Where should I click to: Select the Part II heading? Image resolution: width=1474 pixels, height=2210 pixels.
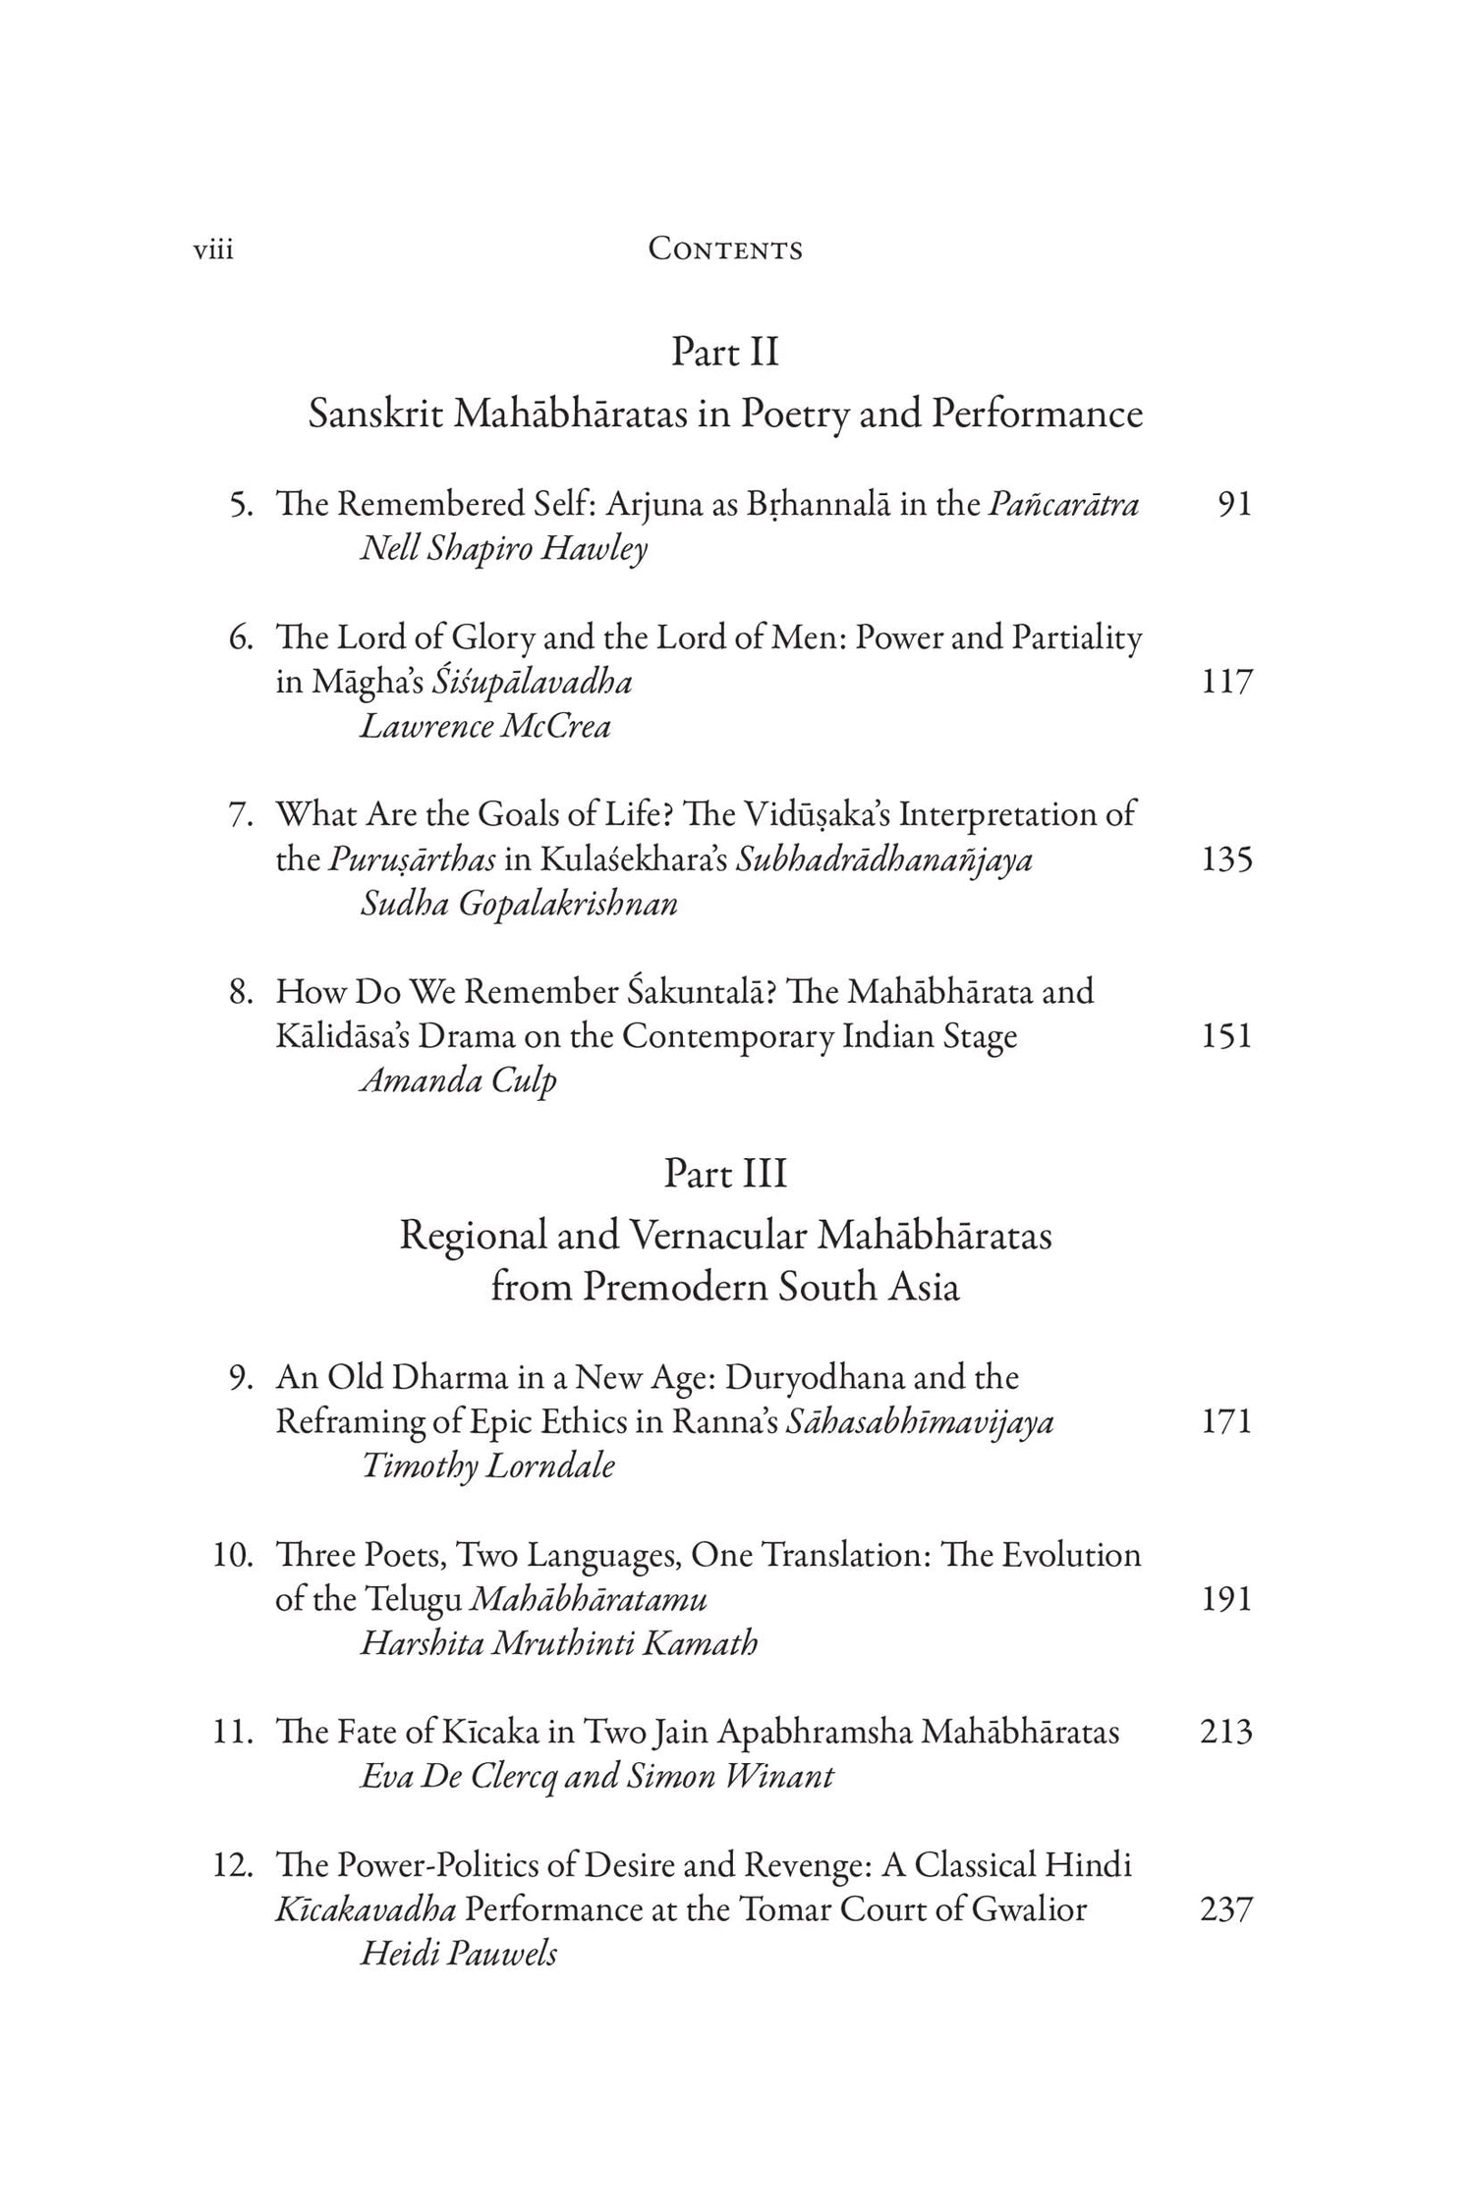point(725,353)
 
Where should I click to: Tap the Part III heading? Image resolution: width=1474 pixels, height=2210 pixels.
point(725,1174)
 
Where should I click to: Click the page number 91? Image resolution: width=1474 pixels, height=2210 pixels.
point(1234,505)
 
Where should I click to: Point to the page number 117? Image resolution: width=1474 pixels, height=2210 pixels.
point(1227,682)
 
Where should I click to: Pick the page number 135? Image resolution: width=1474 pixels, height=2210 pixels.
point(1227,859)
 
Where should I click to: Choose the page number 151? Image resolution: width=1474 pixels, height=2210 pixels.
point(1227,1036)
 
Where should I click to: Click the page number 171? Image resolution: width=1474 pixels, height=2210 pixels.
point(1227,1421)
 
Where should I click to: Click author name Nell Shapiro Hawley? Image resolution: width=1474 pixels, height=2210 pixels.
point(504,549)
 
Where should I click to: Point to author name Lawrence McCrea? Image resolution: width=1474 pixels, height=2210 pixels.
point(485,727)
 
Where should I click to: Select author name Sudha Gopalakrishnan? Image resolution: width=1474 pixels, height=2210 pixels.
point(519,904)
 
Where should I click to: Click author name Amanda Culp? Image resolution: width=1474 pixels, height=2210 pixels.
point(459,1081)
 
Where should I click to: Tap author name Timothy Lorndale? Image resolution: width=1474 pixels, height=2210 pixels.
point(488,1466)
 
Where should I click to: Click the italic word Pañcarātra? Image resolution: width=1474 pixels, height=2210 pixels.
point(1064,505)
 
